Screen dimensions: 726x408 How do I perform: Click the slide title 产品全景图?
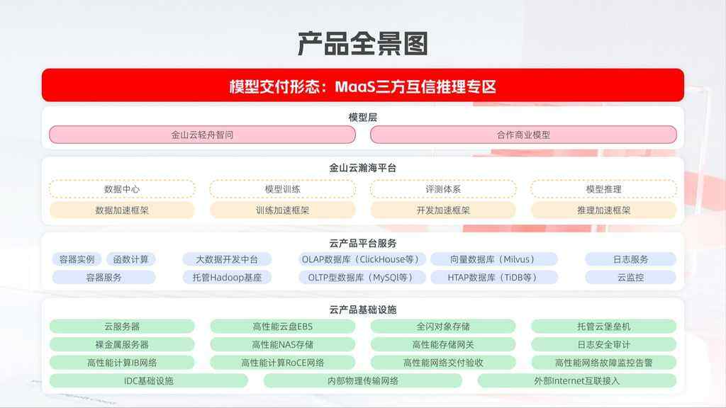point(362,44)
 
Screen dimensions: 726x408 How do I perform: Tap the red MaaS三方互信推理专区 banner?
point(362,86)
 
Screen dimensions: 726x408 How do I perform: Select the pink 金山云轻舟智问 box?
point(202,135)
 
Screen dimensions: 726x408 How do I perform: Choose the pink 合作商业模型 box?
point(523,135)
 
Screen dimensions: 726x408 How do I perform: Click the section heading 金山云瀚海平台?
point(362,168)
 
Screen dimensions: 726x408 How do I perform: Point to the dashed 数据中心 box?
point(122,188)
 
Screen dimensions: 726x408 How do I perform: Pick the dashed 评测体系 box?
point(443,188)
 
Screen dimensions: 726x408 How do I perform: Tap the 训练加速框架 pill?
point(282,210)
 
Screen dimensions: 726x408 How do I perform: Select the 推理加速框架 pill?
point(604,210)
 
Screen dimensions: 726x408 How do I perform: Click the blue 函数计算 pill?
point(130,259)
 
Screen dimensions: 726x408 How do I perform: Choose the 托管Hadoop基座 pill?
point(227,278)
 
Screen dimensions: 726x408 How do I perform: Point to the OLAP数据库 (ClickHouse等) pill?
point(360,259)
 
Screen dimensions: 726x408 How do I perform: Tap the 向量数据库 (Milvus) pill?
point(493,259)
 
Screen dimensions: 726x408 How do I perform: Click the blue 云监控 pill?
point(630,278)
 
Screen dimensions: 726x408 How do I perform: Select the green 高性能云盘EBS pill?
point(282,326)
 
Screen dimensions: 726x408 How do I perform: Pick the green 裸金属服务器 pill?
point(122,345)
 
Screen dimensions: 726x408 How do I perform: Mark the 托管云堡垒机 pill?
point(604,326)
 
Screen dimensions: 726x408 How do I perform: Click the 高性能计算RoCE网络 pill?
point(282,363)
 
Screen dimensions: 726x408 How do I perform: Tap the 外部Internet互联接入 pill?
point(577,380)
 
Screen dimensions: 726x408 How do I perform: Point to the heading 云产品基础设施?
point(362,310)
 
